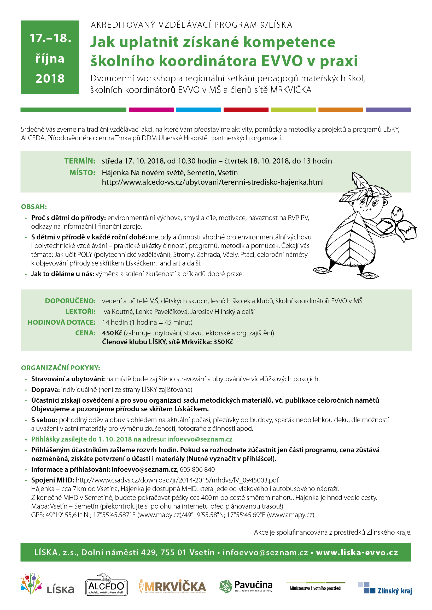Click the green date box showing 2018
(x=50, y=57)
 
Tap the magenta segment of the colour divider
(x=151, y=110)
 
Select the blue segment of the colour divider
(x=199, y=110)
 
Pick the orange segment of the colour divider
(x=341, y=110)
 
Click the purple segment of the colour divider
(x=388, y=110)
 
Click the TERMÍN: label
(x=80, y=161)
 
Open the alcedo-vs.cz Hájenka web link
(x=213, y=182)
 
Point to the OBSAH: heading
(x=34, y=207)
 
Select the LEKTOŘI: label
(x=80, y=312)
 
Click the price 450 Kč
(x=112, y=333)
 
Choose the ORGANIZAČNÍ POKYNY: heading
(x=60, y=368)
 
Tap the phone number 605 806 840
(x=197, y=469)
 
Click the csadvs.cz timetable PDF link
(x=177, y=480)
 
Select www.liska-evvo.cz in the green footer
(x=357, y=552)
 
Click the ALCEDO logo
(x=106, y=588)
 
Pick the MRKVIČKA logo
(x=172, y=587)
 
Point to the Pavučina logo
(x=246, y=587)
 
